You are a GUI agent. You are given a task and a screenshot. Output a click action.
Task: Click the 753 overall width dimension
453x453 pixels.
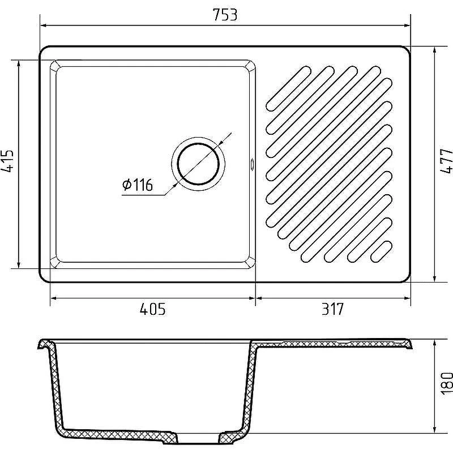225,15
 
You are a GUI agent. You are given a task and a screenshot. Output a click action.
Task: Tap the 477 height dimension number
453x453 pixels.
446,161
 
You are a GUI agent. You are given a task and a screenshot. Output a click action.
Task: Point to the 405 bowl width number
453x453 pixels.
152,309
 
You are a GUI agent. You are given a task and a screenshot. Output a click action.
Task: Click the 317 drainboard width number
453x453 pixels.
333,309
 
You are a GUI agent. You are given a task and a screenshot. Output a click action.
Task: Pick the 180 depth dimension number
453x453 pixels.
447,383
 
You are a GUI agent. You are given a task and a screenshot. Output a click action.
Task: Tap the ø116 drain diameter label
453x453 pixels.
138,185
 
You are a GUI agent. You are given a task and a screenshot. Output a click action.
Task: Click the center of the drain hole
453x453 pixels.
198,164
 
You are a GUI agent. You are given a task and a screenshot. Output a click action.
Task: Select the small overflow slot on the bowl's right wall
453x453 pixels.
252,164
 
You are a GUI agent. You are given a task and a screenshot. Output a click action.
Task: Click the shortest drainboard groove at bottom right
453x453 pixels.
381,251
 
